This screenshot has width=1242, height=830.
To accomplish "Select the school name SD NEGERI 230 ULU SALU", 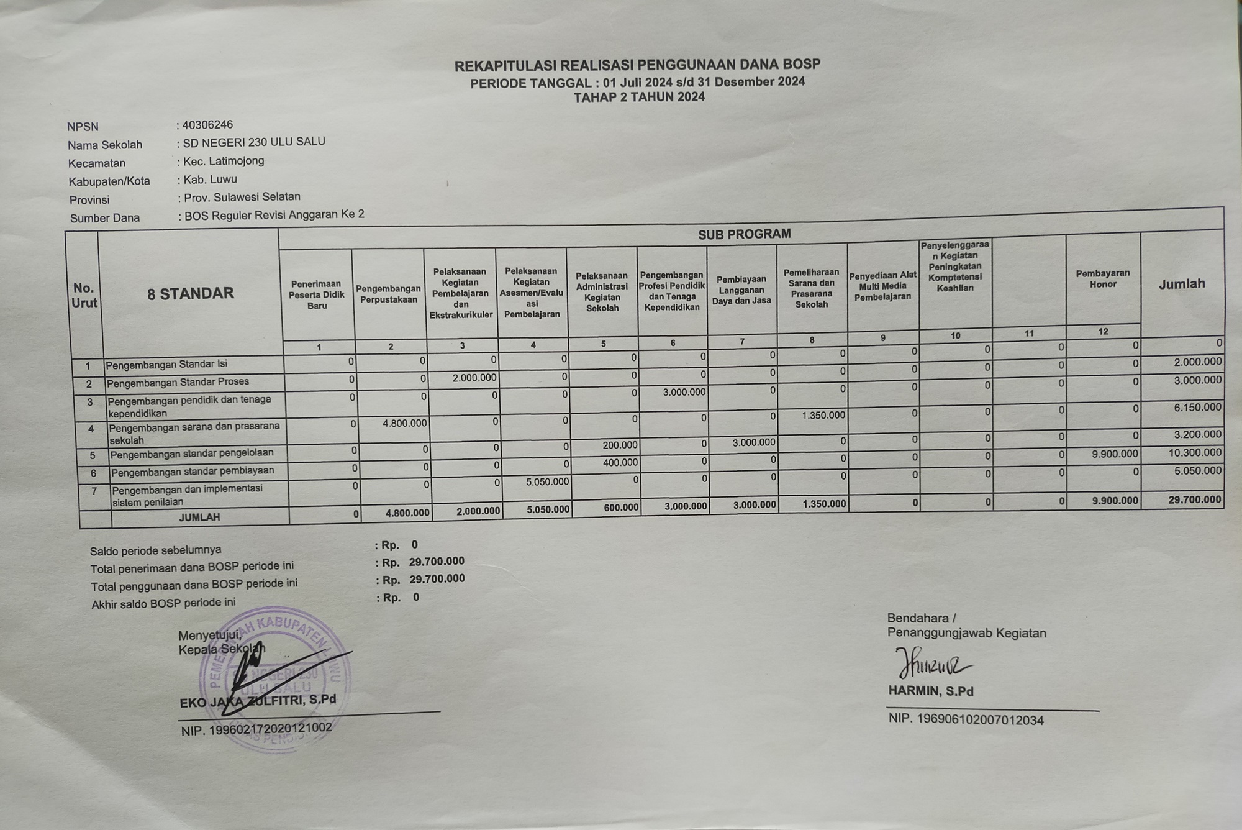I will coord(254,142).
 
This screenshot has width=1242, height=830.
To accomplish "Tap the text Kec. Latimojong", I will coord(224,162).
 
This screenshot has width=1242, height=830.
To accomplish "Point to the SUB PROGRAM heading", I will coord(744,234).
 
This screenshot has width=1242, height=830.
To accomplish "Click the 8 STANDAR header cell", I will coord(191,294).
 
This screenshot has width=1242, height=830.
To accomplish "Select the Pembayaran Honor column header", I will coord(1103,279).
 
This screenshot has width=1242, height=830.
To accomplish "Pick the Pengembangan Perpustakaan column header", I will coord(388,294).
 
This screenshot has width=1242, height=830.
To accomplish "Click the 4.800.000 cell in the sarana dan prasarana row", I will coord(403,423).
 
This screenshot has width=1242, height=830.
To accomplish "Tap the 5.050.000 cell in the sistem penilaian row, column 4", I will coord(547,481).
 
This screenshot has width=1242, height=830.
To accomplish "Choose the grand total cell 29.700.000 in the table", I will coord(1195,499).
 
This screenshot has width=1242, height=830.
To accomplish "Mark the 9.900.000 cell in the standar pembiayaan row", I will coord(1115,454).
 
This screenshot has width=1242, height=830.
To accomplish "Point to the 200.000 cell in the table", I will coord(620,445).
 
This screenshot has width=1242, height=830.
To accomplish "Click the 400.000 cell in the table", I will coord(620,463).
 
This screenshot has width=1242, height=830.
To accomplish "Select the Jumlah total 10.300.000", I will coord(1195,453).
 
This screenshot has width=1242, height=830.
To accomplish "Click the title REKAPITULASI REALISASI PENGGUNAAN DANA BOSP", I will coord(637,65).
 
